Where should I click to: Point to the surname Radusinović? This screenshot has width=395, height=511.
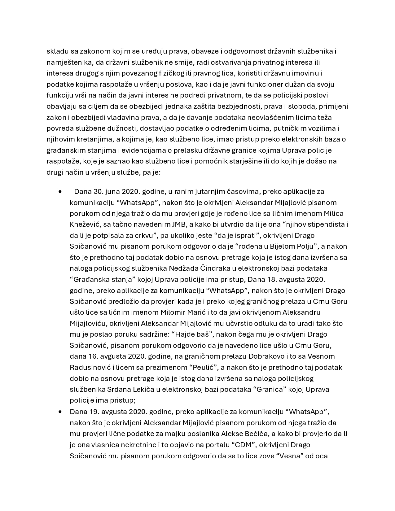click(x=90, y=368)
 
